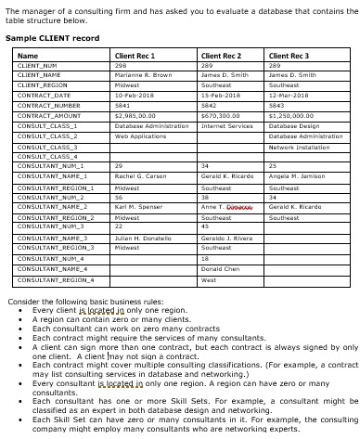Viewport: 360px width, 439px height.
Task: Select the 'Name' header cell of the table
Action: click(28, 57)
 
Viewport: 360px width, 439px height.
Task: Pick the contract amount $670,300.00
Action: click(222, 115)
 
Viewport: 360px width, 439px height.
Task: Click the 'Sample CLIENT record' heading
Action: click(52, 38)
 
